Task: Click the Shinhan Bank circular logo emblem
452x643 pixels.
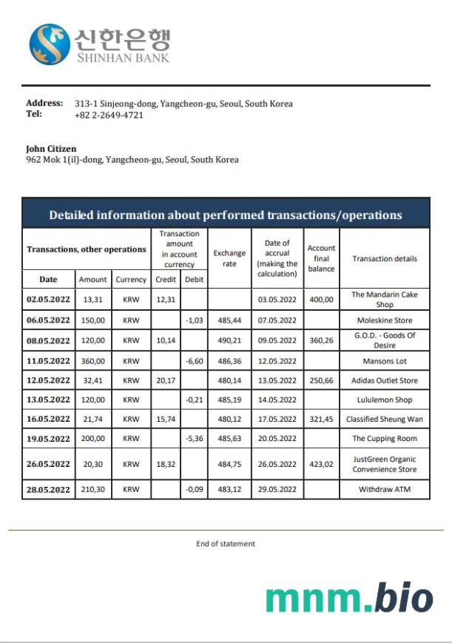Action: (50, 44)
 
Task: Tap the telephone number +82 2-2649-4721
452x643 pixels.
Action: (109, 115)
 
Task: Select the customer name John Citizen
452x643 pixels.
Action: (51, 149)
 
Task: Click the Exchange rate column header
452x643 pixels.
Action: (229, 258)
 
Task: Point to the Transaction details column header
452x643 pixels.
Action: (385, 259)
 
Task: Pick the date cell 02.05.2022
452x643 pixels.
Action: (48, 300)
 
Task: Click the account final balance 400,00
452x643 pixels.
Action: (321, 300)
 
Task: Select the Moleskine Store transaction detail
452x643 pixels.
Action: (385, 320)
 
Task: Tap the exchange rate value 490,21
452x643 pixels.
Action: (229, 341)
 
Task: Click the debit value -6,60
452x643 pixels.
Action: (194, 361)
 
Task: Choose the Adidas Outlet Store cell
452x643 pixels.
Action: (385, 380)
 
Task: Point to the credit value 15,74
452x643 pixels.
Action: (166, 419)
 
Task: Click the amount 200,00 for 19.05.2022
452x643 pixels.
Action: (93, 439)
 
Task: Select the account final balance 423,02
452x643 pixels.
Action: (321, 464)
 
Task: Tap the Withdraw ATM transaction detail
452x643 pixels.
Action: (385, 490)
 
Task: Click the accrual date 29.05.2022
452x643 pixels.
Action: (277, 490)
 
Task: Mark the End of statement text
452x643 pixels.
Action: (226, 544)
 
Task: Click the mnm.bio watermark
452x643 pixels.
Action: (349, 596)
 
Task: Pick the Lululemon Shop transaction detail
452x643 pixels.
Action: (385, 400)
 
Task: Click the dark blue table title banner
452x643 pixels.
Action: (226, 215)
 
